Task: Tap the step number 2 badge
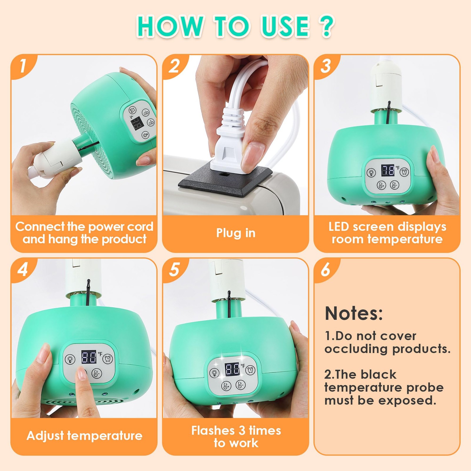174,66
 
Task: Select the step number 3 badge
326,66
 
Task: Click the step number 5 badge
174,269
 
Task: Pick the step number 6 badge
326,269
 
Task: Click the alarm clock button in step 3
404,172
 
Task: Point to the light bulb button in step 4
70,359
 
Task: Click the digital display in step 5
232,369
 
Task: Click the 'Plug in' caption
235,233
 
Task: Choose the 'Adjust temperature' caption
84,436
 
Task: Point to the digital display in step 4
89,357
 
